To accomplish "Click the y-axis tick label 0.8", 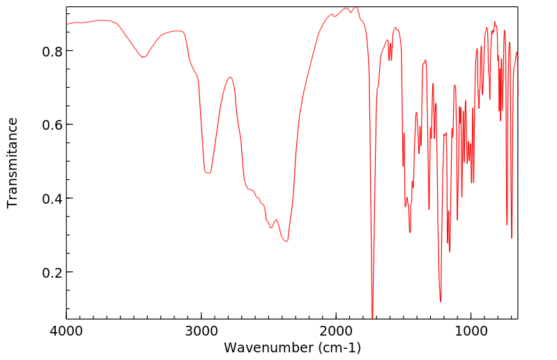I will point(54,51).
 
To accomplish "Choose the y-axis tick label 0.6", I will point(54,125).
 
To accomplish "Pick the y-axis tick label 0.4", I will point(54,199).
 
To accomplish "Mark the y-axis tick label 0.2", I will point(54,272).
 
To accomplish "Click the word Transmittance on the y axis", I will point(13,163).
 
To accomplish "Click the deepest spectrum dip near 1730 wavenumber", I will point(373,317).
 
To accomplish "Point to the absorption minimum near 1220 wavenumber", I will point(441,301).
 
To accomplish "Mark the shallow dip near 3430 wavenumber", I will point(143,57).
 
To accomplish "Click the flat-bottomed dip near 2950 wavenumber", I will point(208,172).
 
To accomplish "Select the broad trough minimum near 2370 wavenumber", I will point(286,241).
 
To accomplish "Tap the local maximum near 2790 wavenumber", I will point(230,77).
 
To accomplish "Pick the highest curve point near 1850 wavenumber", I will point(356,7).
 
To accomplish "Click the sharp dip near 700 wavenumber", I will point(512,238).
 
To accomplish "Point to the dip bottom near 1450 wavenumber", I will point(410,232).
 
